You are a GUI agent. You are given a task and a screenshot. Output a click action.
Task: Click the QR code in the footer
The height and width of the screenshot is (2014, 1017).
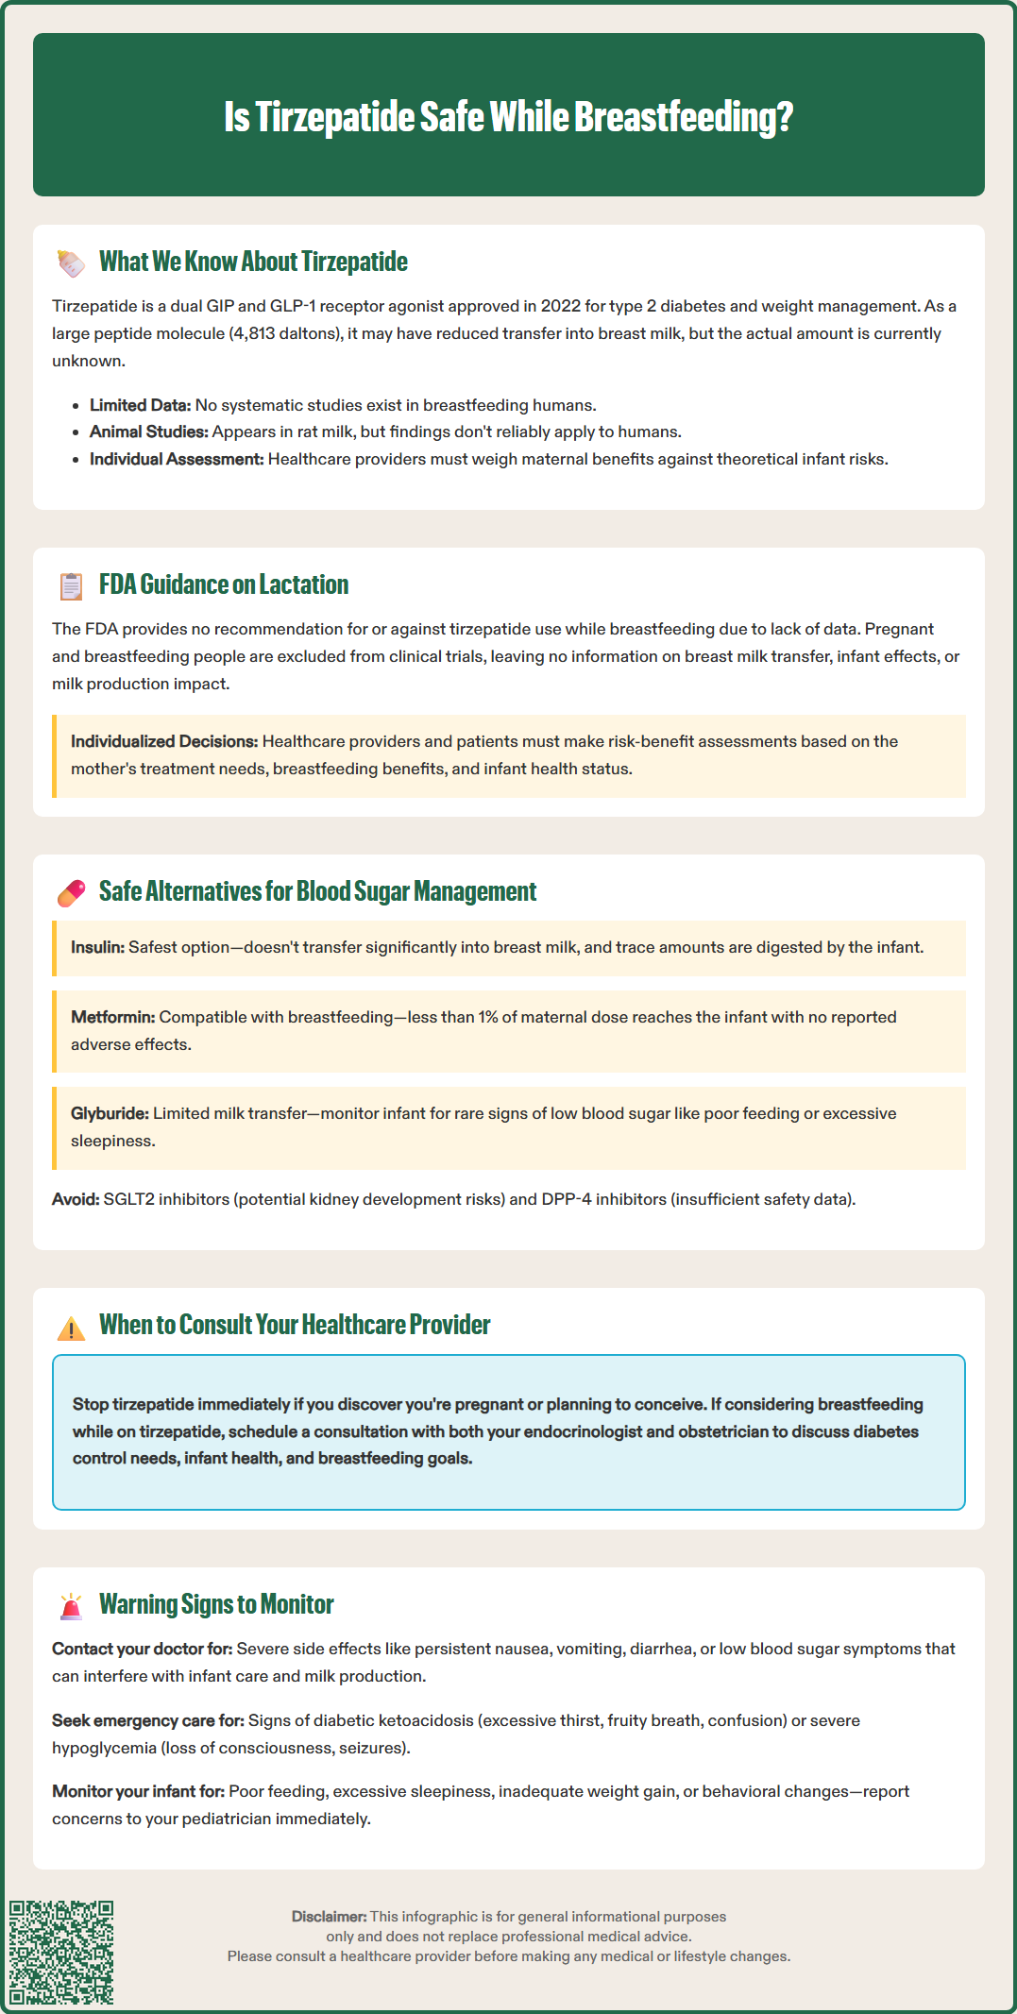(x=61, y=1952)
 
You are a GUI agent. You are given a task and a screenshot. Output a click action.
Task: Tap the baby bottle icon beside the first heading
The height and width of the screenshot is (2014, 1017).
(x=71, y=262)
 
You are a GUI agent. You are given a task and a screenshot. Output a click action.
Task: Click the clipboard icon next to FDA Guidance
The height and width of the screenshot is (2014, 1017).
(x=71, y=585)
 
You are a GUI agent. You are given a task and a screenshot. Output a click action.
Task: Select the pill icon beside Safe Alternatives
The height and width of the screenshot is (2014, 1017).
(x=71, y=892)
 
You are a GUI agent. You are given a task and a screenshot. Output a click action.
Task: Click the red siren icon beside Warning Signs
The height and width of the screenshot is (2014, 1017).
(x=71, y=1605)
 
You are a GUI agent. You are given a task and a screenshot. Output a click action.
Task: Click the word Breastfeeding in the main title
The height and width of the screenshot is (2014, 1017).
(x=683, y=117)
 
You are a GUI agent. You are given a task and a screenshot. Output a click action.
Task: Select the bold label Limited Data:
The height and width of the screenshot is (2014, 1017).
(x=140, y=405)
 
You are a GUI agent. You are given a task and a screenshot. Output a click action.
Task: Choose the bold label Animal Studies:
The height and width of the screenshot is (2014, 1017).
(x=148, y=432)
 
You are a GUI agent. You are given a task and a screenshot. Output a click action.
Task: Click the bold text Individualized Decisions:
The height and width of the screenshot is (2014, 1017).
(x=163, y=741)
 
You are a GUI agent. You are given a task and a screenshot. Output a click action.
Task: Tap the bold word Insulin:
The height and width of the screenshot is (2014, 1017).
(x=97, y=947)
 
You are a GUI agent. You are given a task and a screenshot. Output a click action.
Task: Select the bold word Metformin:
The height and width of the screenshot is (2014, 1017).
(x=112, y=1017)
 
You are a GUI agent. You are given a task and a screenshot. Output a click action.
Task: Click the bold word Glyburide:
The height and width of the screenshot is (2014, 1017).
(x=110, y=1113)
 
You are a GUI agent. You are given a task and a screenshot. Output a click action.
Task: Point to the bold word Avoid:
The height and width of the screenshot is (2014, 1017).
(x=76, y=1199)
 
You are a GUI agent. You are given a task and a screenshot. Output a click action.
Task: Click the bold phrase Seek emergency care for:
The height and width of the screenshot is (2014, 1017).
(x=147, y=1720)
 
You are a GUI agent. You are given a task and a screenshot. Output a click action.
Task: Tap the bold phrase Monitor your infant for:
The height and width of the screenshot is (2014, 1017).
(x=138, y=1791)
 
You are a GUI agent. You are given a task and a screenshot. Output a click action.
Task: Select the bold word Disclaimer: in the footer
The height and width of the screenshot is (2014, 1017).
(x=329, y=1917)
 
